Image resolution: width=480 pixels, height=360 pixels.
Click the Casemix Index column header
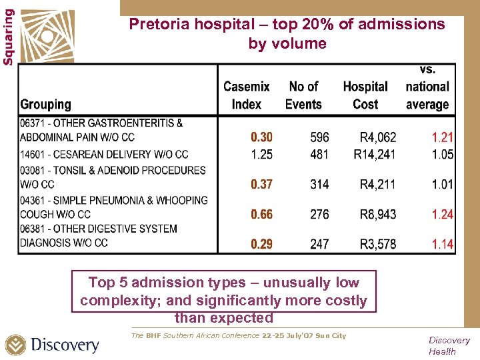pyautogui.click(x=247, y=95)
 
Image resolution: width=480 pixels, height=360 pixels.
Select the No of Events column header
pyautogui.click(x=303, y=95)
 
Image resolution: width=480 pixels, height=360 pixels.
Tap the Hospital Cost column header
pyautogui.click(x=365, y=95)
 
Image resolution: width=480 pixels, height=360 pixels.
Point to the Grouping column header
pyautogui.click(x=45, y=105)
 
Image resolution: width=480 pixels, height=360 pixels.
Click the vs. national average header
pyautogui.click(x=427, y=87)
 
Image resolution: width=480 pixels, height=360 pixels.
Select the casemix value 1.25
pyautogui.click(x=261, y=154)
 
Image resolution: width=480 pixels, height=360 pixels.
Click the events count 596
pyautogui.click(x=319, y=137)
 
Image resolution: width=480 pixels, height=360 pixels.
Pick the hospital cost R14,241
pyautogui.click(x=378, y=154)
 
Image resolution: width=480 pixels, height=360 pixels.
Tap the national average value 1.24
pyautogui.click(x=442, y=214)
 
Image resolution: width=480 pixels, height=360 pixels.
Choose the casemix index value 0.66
pyautogui.click(x=261, y=214)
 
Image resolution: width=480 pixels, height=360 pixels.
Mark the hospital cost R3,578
pyautogui.click(x=378, y=244)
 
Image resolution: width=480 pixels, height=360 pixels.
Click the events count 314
pyautogui.click(x=319, y=184)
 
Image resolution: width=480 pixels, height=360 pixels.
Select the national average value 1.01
pyautogui.click(x=442, y=184)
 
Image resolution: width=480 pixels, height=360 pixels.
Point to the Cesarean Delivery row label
pyautogui.click(x=104, y=154)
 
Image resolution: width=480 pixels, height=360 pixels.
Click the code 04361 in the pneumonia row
pyautogui.click(x=33, y=200)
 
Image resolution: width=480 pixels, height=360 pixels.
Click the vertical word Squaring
pyautogui.click(x=8, y=37)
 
